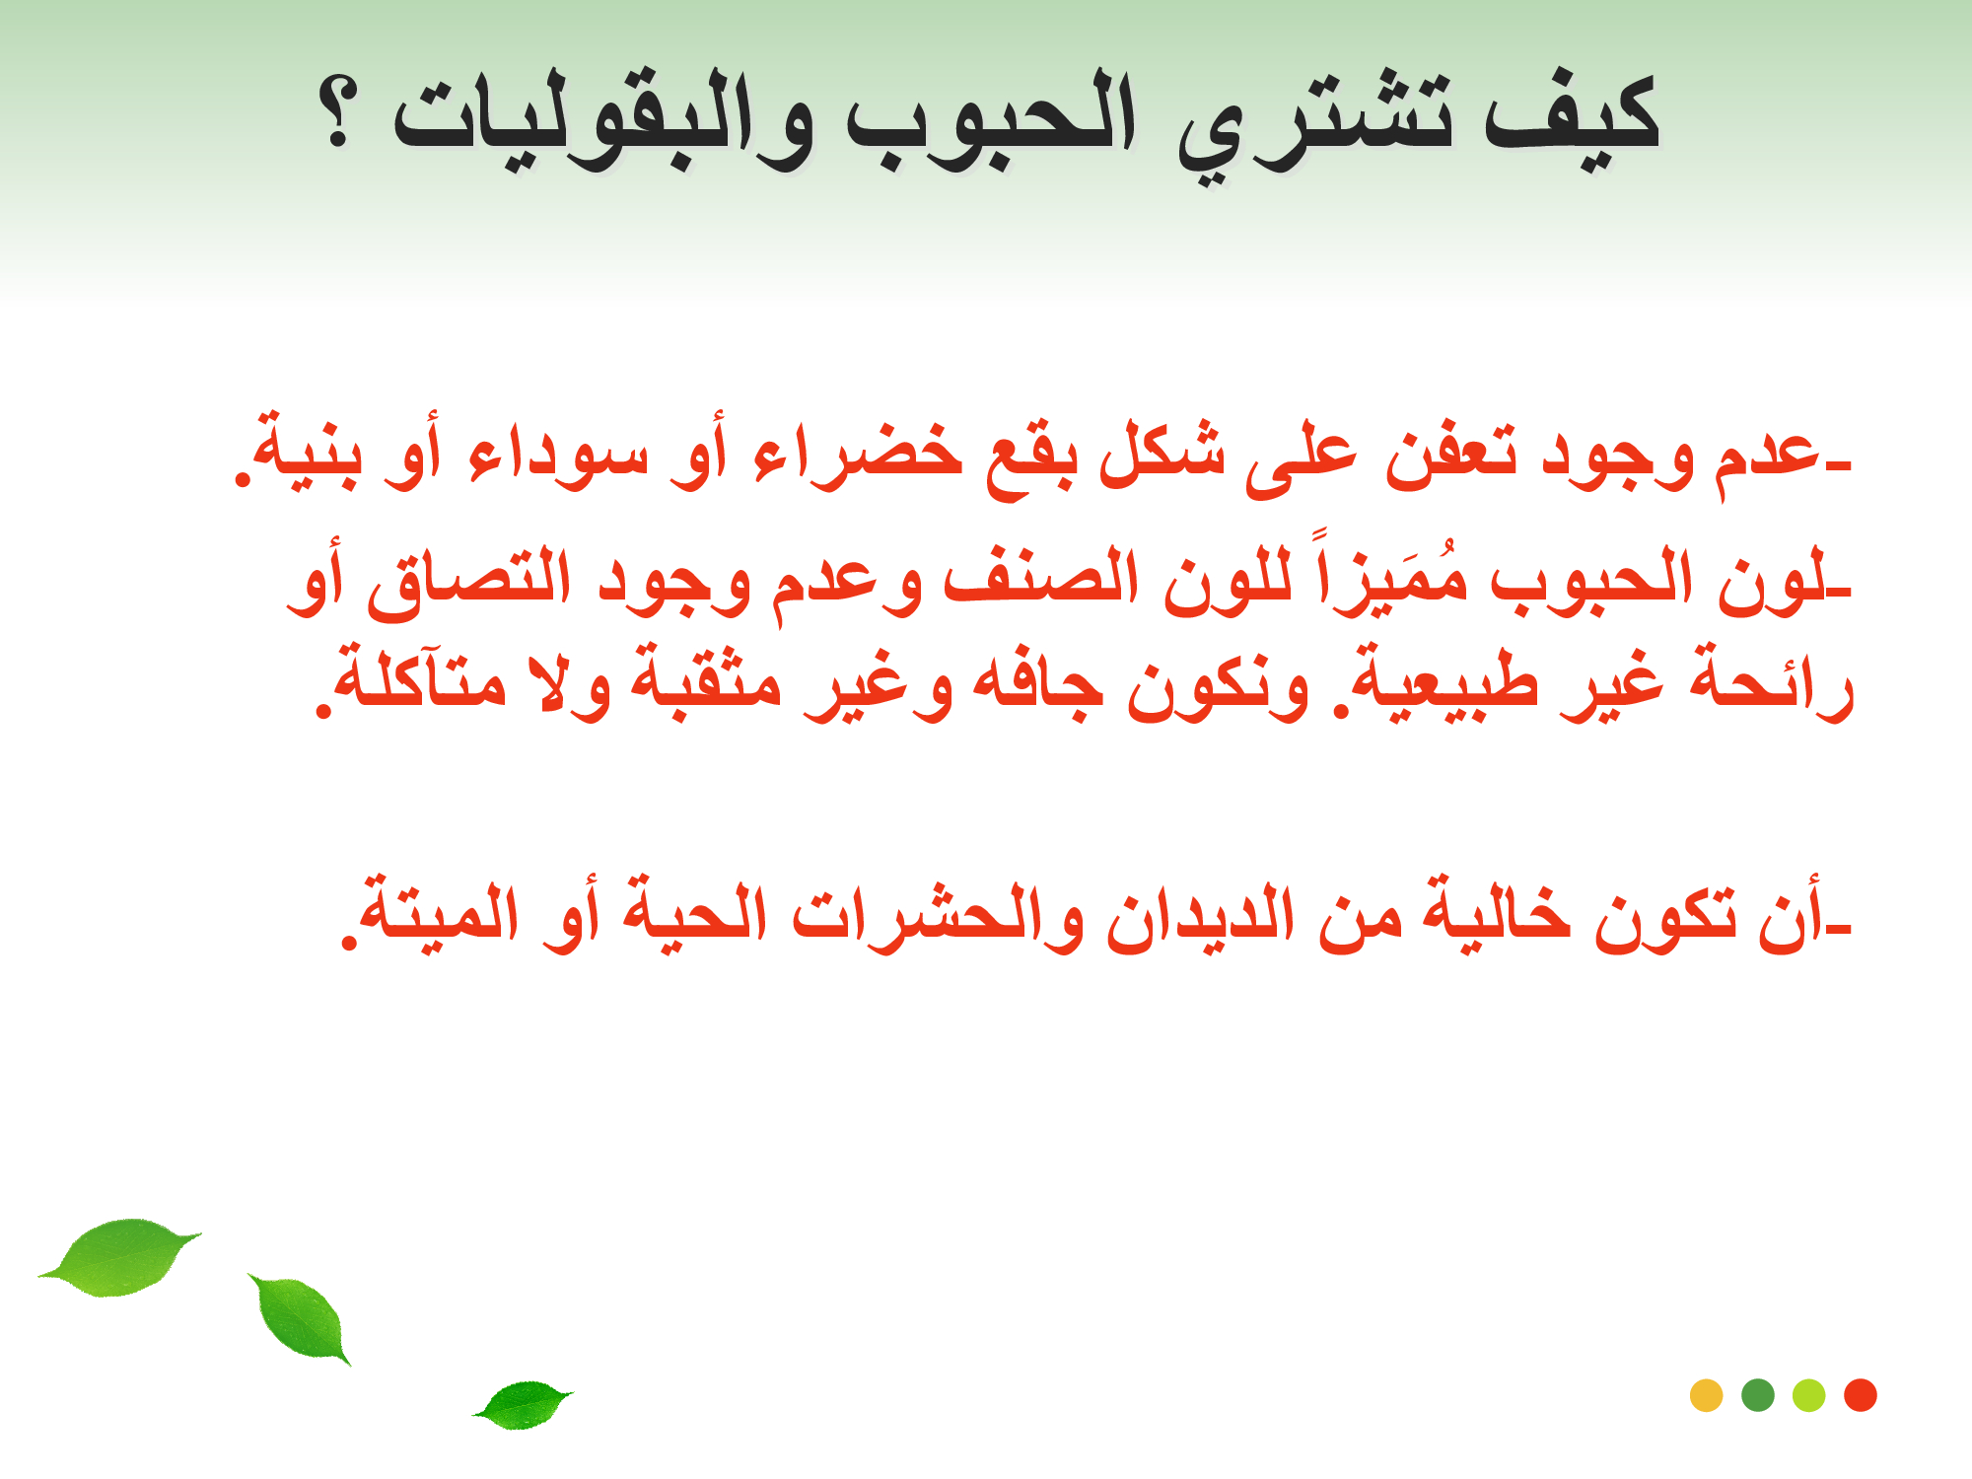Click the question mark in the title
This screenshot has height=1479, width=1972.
tap(337, 113)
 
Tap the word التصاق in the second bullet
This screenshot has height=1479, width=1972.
tap(469, 582)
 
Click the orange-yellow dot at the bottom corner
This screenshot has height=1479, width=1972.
tap(1706, 1395)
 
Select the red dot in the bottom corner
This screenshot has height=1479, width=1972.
tap(1860, 1395)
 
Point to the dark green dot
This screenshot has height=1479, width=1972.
tap(1757, 1395)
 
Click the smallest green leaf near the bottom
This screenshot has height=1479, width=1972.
tap(523, 1404)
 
